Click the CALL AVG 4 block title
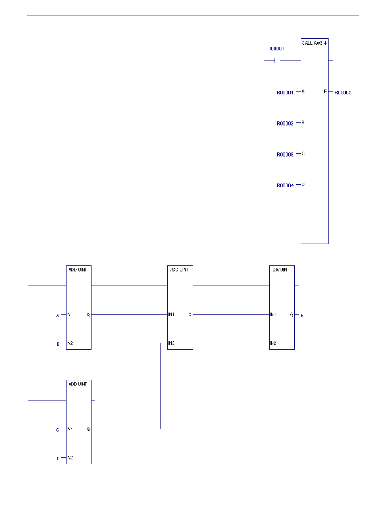pyautogui.click(x=314, y=43)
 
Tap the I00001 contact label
pyautogui.click(x=277, y=49)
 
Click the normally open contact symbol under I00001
pyautogui.click(x=277, y=60)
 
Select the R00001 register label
pyautogui.click(x=285, y=93)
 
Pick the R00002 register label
pyautogui.click(x=285, y=124)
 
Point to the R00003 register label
pyautogui.click(x=285, y=154)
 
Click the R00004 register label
pyautogui.click(x=285, y=185)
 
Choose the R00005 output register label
pyautogui.click(x=343, y=93)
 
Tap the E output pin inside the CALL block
pyautogui.click(x=325, y=92)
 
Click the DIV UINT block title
pyautogui.click(x=281, y=269)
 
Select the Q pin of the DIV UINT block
pyautogui.click(x=291, y=315)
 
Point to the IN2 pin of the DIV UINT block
pyautogui.click(x=273, y=343)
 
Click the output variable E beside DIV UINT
pyautogui.click(x=302, y=315)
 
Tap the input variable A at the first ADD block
pyautogui.click(x=58, y=315)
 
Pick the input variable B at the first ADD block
pyautogui.click(x=58, y=344)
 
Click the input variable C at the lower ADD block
pyautogui.click(x=58, y=430)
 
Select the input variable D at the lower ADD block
pyautogui.click(x=58, y=459)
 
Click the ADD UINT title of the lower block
pyautogui.click(x=78, y=384)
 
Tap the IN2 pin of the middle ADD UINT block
pyautogui.click(x=171, y=343)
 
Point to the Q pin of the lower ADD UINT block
pyautogui.click(x=88, y=429)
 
